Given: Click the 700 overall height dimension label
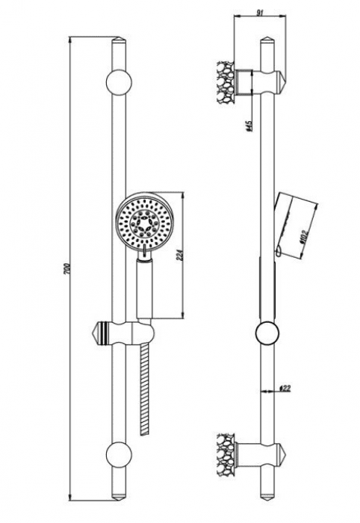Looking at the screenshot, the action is click(x=66, y=269).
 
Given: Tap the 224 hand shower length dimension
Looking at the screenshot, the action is click(x=181, y=255).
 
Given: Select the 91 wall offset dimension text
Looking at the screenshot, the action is click(x=261, y=13).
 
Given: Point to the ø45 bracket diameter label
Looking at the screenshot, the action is click(x=248, y=126).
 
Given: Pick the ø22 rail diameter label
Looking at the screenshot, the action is click(x=285, y=389).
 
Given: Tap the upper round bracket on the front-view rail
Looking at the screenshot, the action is click(x=119, y=82).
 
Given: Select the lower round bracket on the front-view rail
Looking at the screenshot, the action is click(x=119, y=454).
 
